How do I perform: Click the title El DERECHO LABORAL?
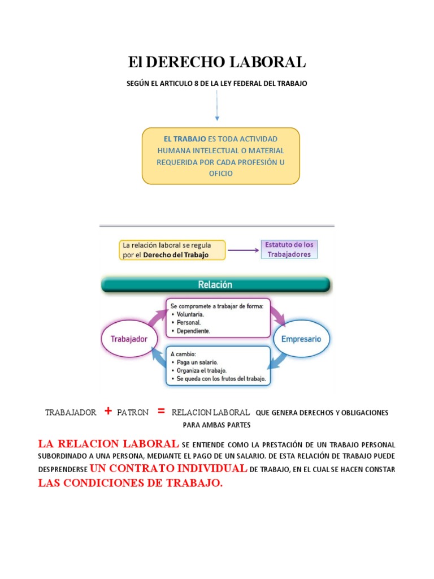[x=217, y=62]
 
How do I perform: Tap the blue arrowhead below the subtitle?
[x=217, y=118]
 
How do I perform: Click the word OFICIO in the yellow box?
[x=220, y=174]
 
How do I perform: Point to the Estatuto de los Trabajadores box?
[x=289, y=249]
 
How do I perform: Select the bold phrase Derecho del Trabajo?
[x=176, y=255]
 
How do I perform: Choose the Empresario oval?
[x=301, y=339]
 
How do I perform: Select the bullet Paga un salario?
[x=197, y=361]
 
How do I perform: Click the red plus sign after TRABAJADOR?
[x=107, y=412]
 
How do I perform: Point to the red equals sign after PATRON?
[x=161, y=412]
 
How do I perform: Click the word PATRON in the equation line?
[x=133, y=413]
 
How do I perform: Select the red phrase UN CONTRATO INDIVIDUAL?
[x=168, y=469]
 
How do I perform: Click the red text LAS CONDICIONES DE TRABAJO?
[x=131, y=483]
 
